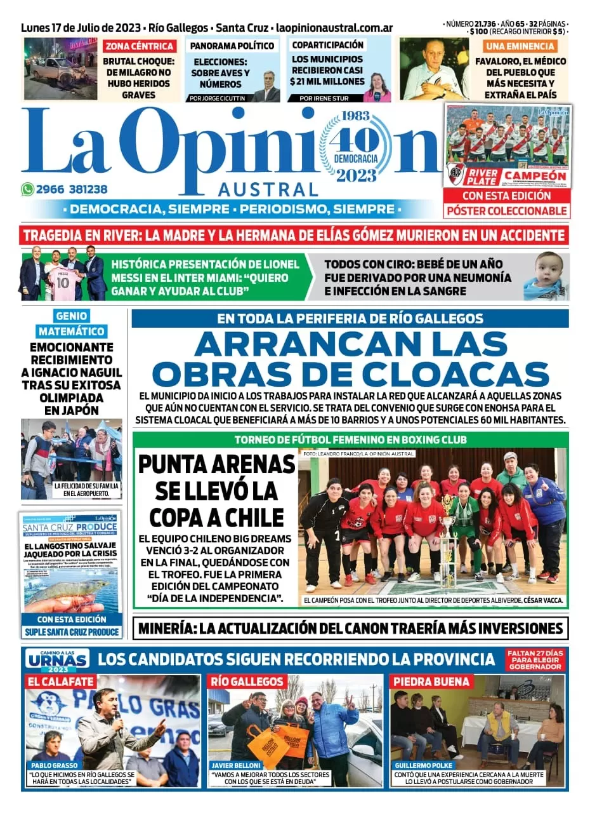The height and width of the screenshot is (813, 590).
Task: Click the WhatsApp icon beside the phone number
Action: (x=27, y=189)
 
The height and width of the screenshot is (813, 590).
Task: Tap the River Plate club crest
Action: (x=455, y=173)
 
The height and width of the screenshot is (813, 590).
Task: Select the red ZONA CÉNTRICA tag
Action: (x=140, y=46)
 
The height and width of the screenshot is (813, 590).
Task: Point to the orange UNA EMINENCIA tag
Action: (x=520, y=46)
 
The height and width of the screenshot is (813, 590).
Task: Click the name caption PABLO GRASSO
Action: (x=54, y=765)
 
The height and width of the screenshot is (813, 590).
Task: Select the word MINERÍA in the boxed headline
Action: (x=167, y=629)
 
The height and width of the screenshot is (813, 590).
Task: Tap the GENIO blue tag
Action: (x=71, y=316)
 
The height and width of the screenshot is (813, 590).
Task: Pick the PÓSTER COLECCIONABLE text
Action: (x=506, y=210)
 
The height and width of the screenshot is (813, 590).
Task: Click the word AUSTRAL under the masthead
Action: (x=267, y=189)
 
